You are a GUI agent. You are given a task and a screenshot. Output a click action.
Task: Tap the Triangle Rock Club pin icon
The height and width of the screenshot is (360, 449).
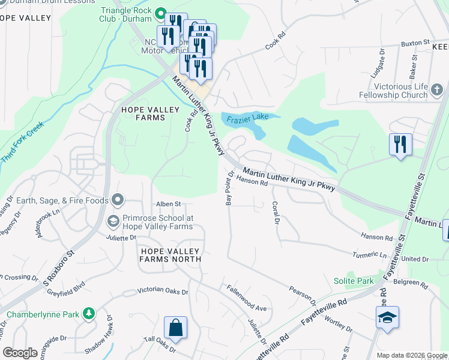click(x=161, y=12)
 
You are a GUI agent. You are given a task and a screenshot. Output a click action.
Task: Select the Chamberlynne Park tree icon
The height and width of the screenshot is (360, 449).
click(x=89, y=313)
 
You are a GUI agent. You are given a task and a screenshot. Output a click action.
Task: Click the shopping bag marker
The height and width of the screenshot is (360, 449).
click(x=175, y=328)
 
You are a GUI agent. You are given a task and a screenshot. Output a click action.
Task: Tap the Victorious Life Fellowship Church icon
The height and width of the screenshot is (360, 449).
click(x=438, y=91)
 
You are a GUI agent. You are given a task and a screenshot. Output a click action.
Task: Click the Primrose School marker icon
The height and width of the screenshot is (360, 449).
click(x=112, y=222)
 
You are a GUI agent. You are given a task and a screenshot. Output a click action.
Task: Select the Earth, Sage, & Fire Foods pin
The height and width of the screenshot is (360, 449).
click(x=118, y=200)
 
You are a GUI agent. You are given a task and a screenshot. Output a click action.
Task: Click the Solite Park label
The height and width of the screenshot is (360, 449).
click(x=354, y=281)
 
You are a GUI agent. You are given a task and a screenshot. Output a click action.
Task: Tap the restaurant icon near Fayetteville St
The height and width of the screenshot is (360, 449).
click(x=400, y=144)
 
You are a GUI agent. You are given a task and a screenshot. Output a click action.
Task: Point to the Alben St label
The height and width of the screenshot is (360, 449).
click(x=169, y=205)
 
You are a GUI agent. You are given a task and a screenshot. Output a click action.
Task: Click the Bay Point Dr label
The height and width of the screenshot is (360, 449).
click(x=229, y=188)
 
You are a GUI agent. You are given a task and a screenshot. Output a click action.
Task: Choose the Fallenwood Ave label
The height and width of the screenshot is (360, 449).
click(x=247, y=298)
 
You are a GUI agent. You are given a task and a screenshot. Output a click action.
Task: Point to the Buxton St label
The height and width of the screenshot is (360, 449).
click(x=416, y=43)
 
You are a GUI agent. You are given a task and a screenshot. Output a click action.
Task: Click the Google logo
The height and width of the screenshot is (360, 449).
click(x=20, y=353)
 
